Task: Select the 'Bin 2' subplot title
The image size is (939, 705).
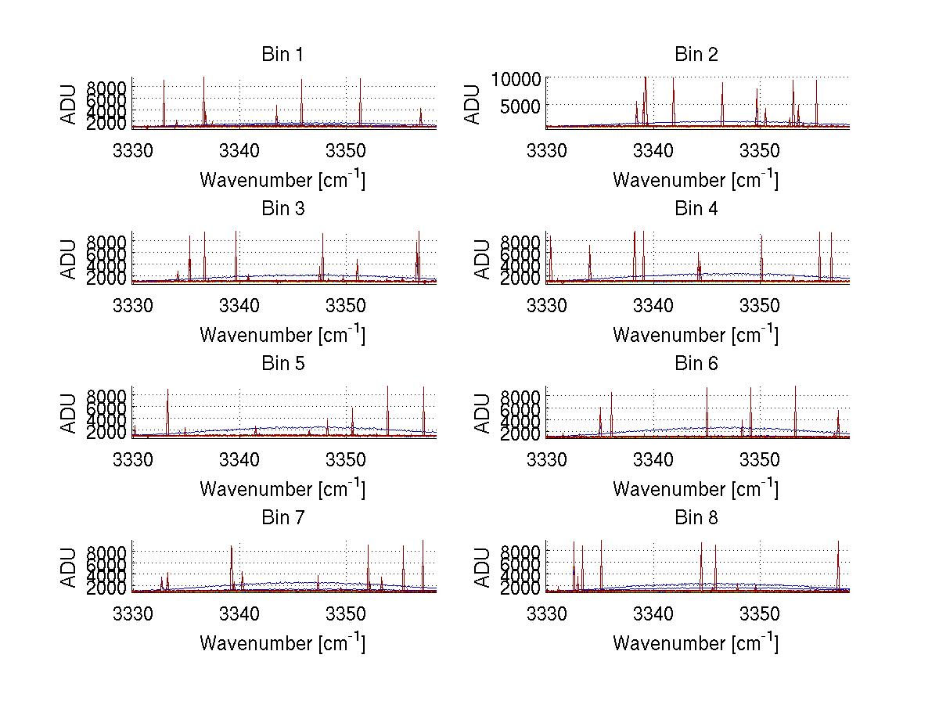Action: point(696,55)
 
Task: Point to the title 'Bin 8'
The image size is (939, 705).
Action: point(696,518)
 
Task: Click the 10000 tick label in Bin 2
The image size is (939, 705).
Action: point(516,78)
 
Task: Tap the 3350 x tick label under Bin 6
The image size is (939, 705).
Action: point(759,458)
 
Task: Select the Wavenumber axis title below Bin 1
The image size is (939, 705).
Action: point(282,180)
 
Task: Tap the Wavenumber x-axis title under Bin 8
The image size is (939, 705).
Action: point(696,643)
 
